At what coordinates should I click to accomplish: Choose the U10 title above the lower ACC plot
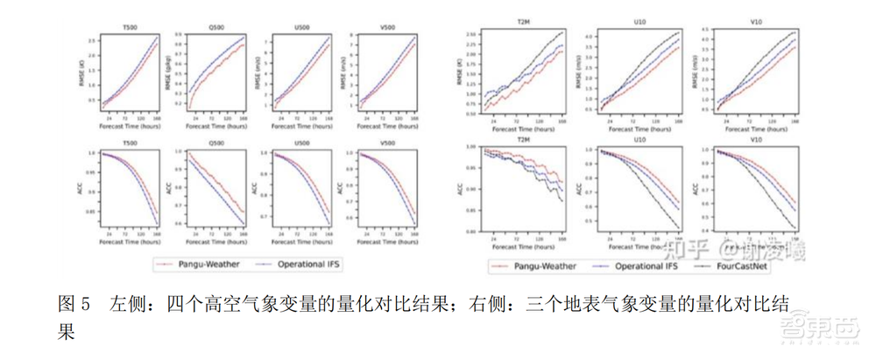click(x=638, y=138)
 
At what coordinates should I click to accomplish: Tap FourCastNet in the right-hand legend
click(x=746, y=265)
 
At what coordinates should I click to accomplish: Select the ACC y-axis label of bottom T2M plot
click(x=461, y=188)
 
